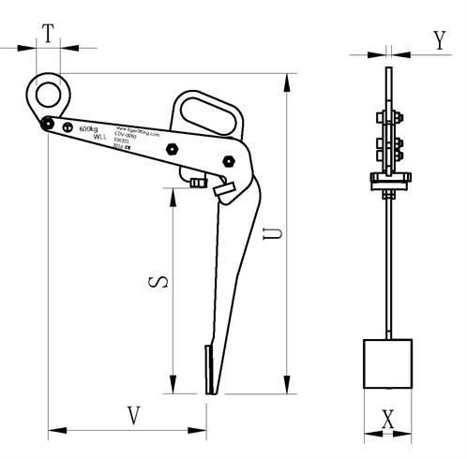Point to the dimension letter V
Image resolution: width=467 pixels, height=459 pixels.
(133, 413)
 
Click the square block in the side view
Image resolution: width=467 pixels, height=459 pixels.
(387, 364)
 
